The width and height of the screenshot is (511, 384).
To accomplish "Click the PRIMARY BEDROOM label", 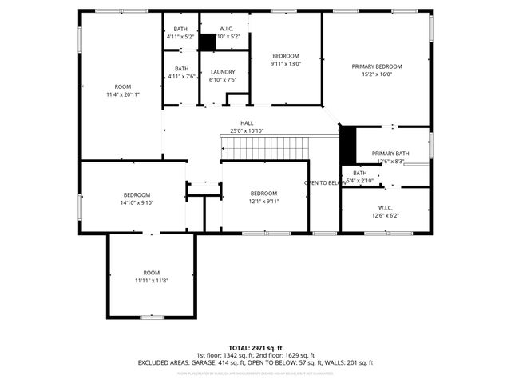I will [x=377, y=66].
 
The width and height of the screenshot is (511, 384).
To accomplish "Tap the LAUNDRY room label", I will [x=223, y=71].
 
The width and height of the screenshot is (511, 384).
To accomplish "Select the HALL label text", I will [x=247, y=122].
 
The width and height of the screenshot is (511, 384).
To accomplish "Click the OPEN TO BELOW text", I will [x=326, y=183].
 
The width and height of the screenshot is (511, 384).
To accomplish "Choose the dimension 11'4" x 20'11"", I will [x=122, y=94].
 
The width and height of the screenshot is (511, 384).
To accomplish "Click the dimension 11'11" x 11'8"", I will [x=151, y=280].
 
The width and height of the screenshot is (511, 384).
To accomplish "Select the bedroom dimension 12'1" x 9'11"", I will [x=263, y=202].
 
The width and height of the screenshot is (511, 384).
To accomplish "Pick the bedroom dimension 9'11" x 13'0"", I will [x=286, y=64].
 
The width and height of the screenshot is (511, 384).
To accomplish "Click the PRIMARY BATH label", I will [x=390, y=153].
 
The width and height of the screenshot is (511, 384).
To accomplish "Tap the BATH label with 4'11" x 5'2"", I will [x=181, y=29].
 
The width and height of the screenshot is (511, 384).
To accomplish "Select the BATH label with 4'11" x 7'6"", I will [x=181, y=68].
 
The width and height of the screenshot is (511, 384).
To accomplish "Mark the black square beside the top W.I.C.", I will [x=208, y=42].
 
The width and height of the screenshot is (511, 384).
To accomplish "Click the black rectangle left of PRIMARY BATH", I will [x=347, y=145].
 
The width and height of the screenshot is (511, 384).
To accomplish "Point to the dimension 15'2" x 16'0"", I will [x=377, y=75].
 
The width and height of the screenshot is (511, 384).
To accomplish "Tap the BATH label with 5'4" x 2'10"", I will [x=360, y=173].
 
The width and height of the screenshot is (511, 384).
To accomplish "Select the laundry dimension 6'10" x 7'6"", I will [x=223, y=79].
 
